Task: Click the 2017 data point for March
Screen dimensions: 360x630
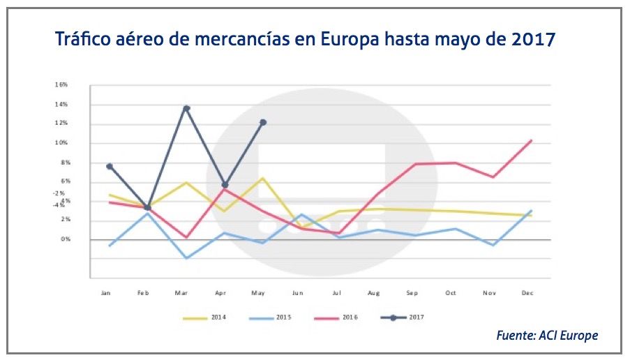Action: (x=186, y=108)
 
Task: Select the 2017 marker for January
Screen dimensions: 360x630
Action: (x=110, y=166)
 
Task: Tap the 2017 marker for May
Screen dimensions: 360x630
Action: (x=263, y=122)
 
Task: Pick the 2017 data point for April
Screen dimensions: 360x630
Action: (x=225, y=185)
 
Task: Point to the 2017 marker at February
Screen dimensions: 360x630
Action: (x=148, y=207)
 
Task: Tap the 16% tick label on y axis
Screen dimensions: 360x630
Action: (x=61, y=84)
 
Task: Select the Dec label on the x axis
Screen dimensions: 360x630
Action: (x=527, y=293)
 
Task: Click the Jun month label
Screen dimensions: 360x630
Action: (x=297, y=293)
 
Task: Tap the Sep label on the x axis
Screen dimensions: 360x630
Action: (x=412, y=293)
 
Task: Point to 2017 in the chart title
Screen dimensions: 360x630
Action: (x=533, y=38)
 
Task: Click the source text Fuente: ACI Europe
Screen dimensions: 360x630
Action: (x=547, y=336)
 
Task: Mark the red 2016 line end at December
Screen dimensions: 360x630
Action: (x=532, y=140)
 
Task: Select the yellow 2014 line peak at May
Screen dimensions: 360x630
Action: (x=262, y=178)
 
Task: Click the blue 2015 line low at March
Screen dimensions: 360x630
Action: (x=186, y=258)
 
